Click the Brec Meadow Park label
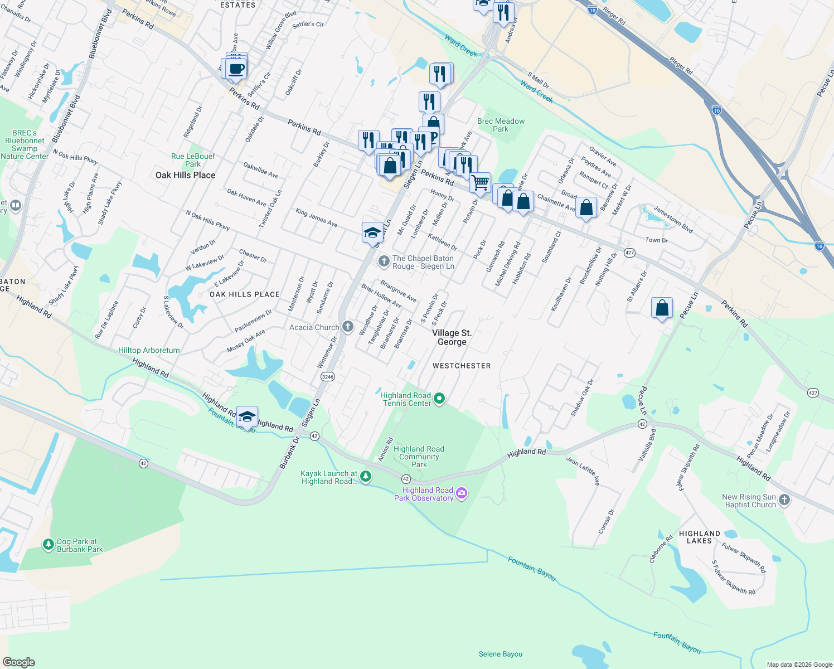pyautogui.click(x=501, y=125)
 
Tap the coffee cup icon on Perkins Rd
pyautogui.click(x=237, y=70)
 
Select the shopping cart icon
pyautogui.click(x=480, y=182)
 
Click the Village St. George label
pyautogui.click(x=452, y=337)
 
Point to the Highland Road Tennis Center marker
pyautogui.click(x=439, y=399)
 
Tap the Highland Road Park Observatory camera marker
pyautogui.click(x=462, y=493)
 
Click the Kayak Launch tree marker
pyautogui.click(x=366, y=476)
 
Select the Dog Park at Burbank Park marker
pyautogui.click(x=49, y=544)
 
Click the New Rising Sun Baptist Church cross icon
pyautogui.click(x=784, y=500)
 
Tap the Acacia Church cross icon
pyautogui.click(x=347, y=327)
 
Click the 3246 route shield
pyautogui.click(x=328, y=377)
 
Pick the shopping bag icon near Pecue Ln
pyautogui.click(x=662, y=308)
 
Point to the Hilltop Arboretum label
pyautogui.click(x=149, y=350)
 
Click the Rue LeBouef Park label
pyautogui.click(x=193, y=160)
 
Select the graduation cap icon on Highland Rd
pyautogui.click(x=247, y=416)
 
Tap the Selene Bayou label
pyautogui.click(x=501, y=654)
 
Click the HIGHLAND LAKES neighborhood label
pyautogui.click(x=699, y=537)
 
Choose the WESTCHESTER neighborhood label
pyautogui.click(x=462, y=366)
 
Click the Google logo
pyautogui.click(x=19, y=662)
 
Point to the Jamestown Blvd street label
pyautogui.click(x=673, y=219)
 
